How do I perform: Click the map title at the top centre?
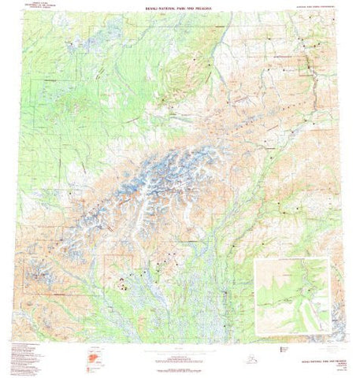(180, 9)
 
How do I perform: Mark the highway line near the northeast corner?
(309, 71)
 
